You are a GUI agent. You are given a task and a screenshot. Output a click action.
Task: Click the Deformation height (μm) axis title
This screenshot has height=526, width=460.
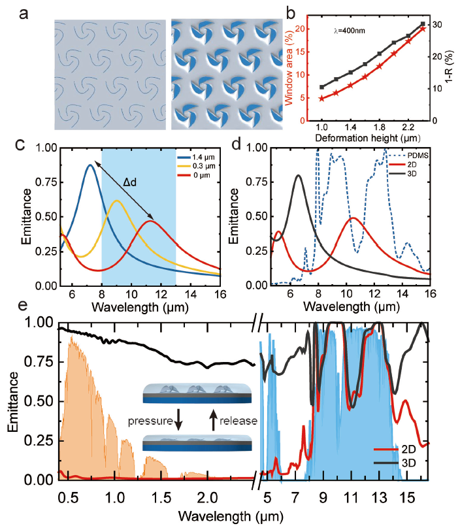(363, 139)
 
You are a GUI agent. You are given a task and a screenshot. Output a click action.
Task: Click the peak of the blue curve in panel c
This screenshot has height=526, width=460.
(90, 165)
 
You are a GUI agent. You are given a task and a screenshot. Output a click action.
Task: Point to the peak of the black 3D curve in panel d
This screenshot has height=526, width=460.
(298, 175)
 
